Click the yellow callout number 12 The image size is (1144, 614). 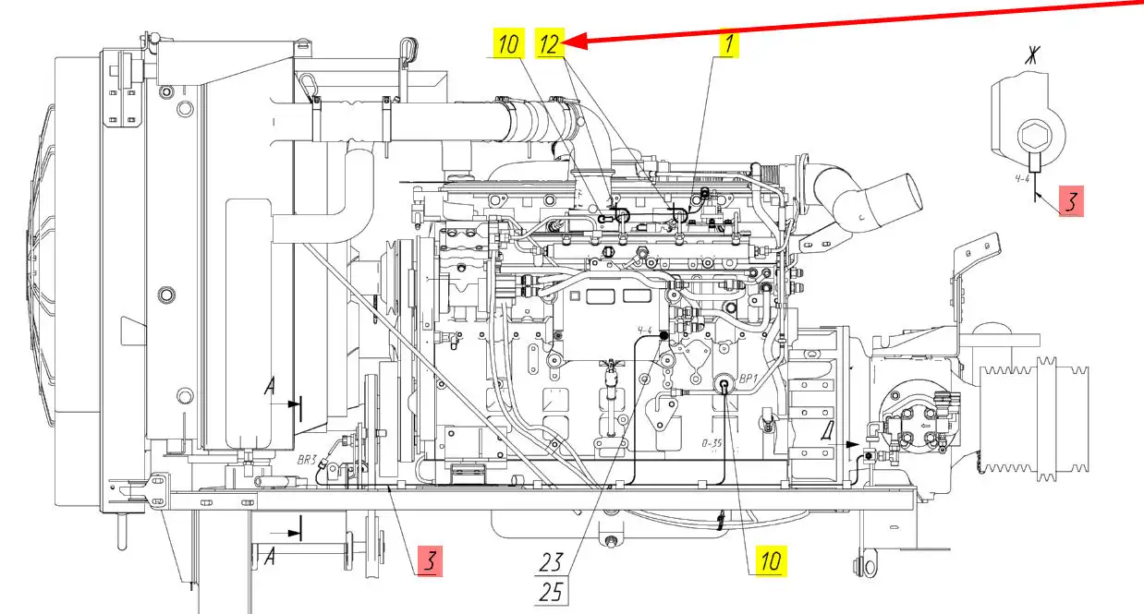click(550, 43)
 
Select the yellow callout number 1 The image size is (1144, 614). click(729, 44)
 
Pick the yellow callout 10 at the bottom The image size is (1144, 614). click(771, 561)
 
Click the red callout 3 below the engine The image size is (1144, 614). click(430, 561)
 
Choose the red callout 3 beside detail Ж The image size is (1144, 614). click(1072, 200)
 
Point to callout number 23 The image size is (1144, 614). click(551, 562)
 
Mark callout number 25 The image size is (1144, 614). click(551, 592)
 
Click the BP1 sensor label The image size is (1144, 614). click(748, 379)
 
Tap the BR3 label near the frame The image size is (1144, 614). click(307, 460)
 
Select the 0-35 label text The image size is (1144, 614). click(712, 443)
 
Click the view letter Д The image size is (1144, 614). click(828, 433)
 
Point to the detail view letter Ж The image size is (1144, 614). click(1033, 55)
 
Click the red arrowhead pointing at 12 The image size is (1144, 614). click(576, 41)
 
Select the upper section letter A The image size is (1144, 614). click(270, 386)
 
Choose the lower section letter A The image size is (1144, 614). click(270, 556)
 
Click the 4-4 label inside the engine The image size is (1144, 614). click(644, 331)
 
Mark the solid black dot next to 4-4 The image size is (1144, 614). click(663, 335)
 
